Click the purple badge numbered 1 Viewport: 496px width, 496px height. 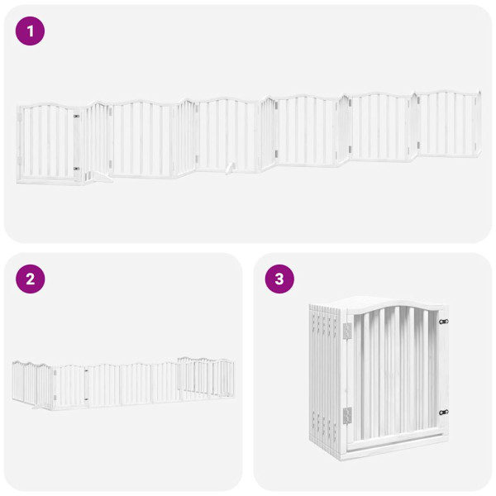tap(31, 31)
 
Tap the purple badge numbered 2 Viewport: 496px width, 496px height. tap(31, 279)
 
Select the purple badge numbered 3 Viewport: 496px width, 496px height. tap(279, 279)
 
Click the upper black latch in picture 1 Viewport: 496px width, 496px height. tap(77, 117)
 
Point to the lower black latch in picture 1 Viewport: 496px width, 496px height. tap(77, 169)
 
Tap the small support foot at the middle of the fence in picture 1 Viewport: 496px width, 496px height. tap(229, 168)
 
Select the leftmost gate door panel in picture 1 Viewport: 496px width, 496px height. tap(48, 142)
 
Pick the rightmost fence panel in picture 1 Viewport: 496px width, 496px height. tap(450, 124)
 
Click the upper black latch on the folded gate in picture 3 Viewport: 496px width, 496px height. tap(444, 322)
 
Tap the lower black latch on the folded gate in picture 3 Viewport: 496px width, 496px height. tap(444, 412)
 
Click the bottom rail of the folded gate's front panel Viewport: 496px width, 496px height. tap(395, 443)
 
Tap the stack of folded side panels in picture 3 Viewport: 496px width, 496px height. tap(325, 380)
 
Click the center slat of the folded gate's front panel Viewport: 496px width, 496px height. tap(394, 376)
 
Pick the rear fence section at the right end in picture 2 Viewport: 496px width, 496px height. tap(207, 376)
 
